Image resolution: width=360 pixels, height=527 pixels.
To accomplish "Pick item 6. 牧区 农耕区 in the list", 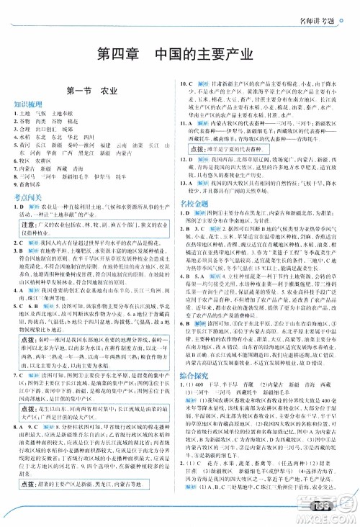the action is [x=37, y=160].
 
